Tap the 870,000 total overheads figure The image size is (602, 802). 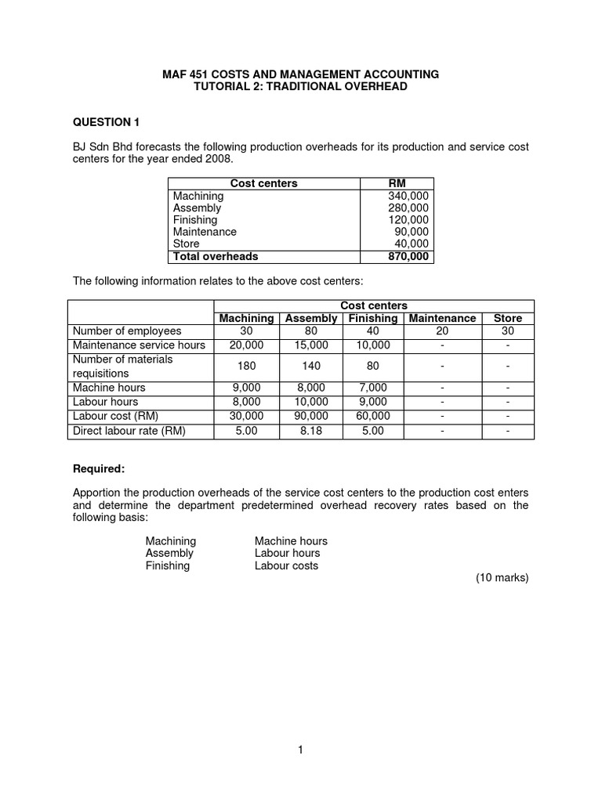(x=408, y=256)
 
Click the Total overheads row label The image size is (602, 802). (x=216, y=256)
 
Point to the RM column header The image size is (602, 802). (x=397, y=183)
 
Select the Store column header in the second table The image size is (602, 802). (x=507, y=318)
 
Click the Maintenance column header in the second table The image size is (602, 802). (x=442, y=318)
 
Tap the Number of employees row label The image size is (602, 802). (x=127, y=331)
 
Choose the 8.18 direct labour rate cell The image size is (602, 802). (x=311, y=431)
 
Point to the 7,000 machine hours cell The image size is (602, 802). (x=373, y=388)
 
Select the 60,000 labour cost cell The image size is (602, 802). (x=373, y=417)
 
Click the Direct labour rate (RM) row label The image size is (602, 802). (x=129, y=431)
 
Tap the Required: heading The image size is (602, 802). (x=99, y=468)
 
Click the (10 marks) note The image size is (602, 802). (x=502, y=578)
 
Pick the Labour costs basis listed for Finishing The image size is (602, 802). (x=286, y=565)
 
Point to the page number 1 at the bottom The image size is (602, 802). (x=300, y=750)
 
